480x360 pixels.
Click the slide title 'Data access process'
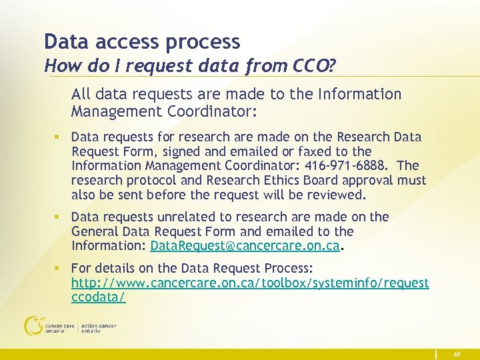(141, 41)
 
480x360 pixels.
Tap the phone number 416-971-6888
(340, 166)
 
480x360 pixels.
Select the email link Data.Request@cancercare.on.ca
(245, 246)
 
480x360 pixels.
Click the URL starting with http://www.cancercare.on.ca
(250, 283)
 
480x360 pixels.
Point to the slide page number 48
(457, 355)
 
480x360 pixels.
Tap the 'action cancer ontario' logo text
(99, 329)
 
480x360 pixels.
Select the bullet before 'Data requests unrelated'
(59, 217)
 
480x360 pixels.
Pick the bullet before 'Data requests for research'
(59, 137)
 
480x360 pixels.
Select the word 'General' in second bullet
(95, 231)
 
